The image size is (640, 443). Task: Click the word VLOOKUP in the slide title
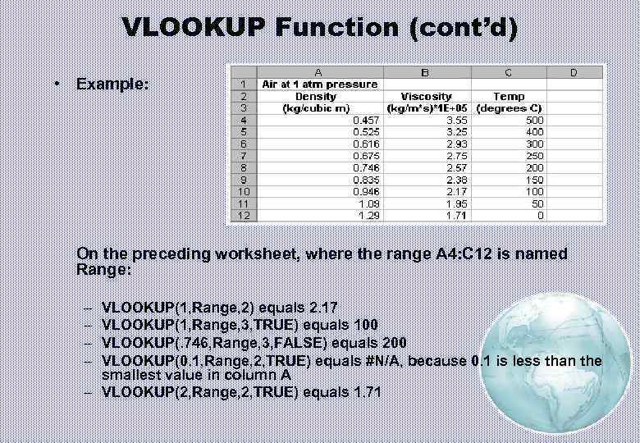194,28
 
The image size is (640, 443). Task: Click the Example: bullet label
112,84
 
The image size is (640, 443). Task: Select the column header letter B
426,73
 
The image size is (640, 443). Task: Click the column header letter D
574,73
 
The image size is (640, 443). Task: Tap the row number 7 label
242,155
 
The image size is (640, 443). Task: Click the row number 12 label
242,215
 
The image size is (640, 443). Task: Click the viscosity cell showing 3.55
456,120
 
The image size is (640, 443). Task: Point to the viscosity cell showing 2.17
456,191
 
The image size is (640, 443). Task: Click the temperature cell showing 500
533,120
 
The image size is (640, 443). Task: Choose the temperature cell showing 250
533,155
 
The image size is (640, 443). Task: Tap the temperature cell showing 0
538,215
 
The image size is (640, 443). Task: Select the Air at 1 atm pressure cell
319,84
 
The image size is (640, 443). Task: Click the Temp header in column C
509,96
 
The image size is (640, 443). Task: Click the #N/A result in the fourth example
381,361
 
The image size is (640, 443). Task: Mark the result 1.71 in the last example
366,392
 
